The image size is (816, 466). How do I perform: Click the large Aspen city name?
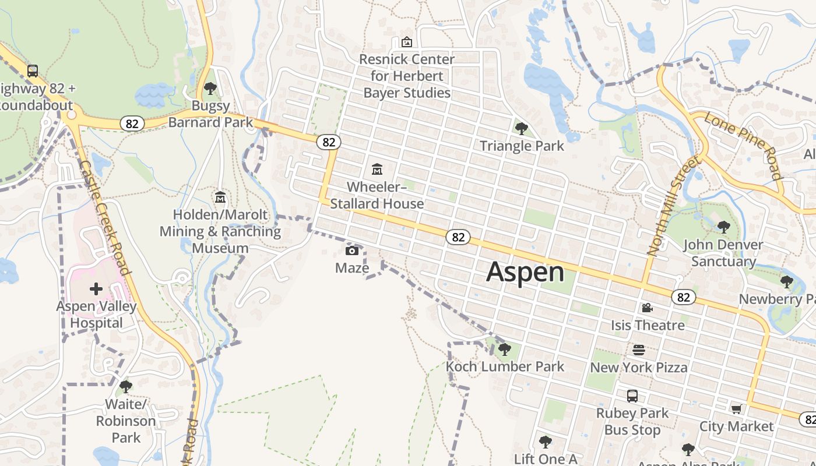(525, 272)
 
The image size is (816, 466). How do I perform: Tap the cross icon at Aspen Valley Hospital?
(96, 288)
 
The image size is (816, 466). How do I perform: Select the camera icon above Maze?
(352, 250)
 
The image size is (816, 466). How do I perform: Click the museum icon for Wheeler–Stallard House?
(377, 170)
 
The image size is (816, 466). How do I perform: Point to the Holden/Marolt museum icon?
(220, 197)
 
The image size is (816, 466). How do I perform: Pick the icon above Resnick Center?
(407, 42)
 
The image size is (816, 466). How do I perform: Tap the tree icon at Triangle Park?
(522, 128)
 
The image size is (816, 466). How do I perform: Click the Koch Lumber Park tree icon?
(505, 349)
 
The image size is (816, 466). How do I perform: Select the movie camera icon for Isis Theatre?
(647, 308)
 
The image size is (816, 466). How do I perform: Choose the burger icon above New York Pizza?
(639, 350)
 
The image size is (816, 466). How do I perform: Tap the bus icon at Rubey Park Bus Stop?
(632, 396)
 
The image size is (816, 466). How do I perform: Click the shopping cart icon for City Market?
(736, 409)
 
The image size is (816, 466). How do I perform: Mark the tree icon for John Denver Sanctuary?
(723, 227)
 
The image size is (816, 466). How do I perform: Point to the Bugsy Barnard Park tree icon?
(210, 89)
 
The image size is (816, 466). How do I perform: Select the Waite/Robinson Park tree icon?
(126, 387)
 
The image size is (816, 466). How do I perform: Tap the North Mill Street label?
(673, 205)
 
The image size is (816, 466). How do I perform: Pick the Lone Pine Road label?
(743, 145)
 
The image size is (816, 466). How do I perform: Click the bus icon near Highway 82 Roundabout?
(33, 71)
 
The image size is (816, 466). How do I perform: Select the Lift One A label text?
(546, 459)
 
